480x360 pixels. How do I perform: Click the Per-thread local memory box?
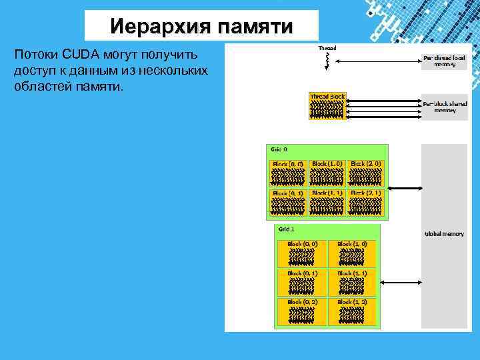(x=445, y=61)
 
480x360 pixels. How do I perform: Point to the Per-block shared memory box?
(x=445, y=107)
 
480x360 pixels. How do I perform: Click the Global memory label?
(x=445, y=234)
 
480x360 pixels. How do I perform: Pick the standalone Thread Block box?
(x=327, y=106)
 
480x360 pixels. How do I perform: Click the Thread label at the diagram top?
(x=327, y=48)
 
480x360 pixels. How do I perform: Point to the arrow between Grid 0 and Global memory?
(x=405, y=188)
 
